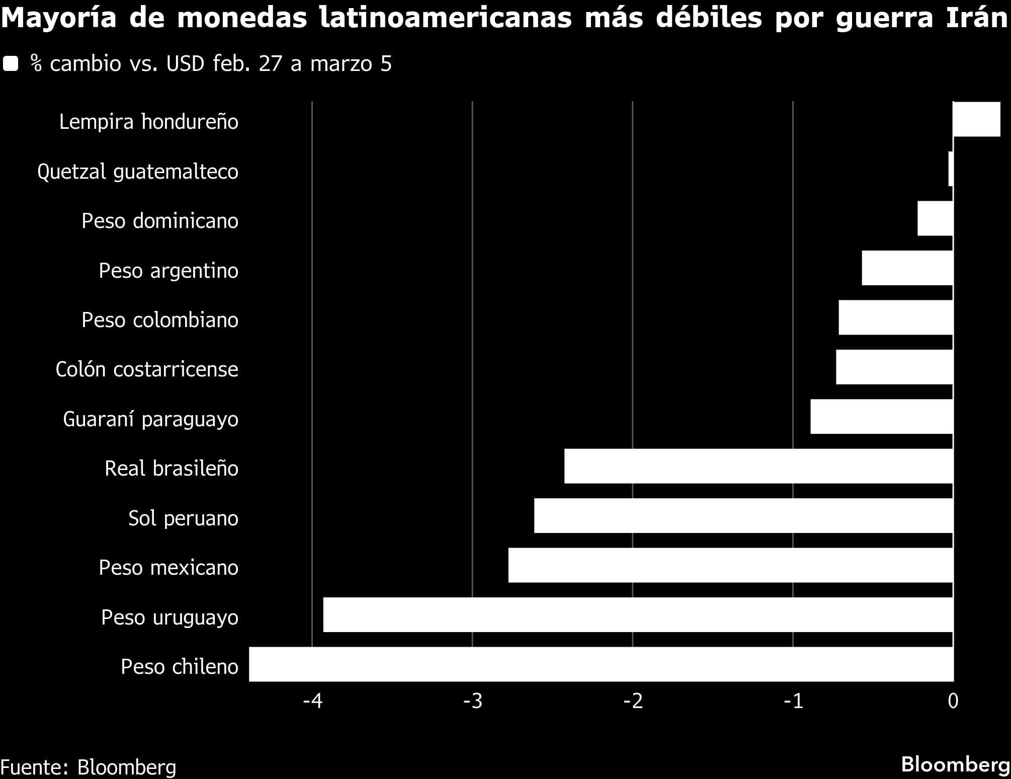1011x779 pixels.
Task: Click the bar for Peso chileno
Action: point(601,664)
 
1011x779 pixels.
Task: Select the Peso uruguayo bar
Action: point(638,614)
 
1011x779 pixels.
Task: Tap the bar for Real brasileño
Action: point(759,466)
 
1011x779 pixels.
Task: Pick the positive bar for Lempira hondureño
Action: point(977,119)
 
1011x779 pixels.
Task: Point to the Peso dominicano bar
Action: point(935,218)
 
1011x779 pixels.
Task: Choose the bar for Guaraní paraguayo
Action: point(882,417)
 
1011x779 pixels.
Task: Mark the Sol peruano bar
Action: point(743,515)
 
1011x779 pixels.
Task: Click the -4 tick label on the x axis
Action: point(312,701)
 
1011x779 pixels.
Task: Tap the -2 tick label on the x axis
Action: point(633,701)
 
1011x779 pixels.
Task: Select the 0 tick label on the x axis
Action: point(953,701)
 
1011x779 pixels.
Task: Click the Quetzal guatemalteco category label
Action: point(138,172)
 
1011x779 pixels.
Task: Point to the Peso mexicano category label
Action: point(168,568)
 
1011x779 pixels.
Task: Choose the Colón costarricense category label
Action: point(147,369)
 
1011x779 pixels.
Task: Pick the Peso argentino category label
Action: point(168,271)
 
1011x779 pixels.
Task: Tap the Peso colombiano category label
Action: point(160,320)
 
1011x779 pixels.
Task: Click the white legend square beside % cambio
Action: point(11,64)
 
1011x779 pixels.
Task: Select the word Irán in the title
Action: point(977,18)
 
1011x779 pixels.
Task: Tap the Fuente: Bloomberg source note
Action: point(89,767)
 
